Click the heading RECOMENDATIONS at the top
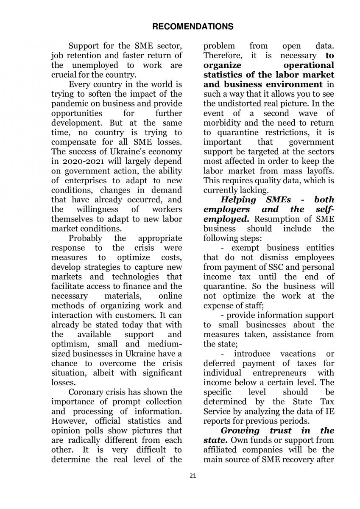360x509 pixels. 193,27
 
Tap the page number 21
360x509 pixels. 193,476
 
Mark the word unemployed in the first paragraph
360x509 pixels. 91,65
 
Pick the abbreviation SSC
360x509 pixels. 257,267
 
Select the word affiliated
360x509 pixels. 223,450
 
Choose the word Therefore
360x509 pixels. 223,56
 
